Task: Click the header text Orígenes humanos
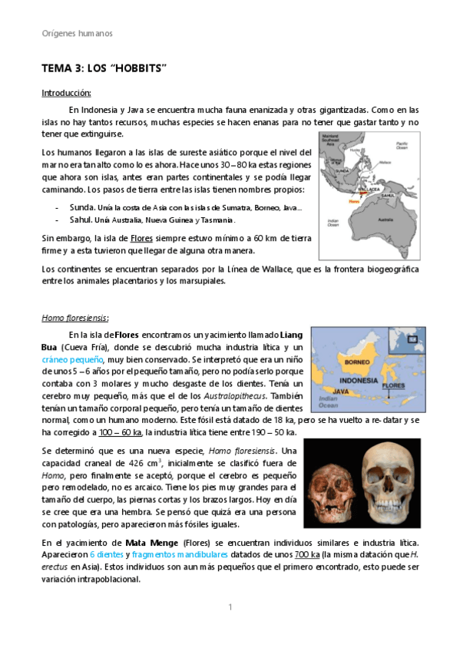coord(77,34)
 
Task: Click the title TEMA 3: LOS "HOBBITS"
coord(104,69)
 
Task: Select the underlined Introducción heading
coord(67,93)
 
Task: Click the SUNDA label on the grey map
coord(343,171)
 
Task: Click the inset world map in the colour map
coord(408,341)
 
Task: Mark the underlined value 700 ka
coord(307,554)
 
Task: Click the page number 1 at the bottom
coord(230,607)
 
